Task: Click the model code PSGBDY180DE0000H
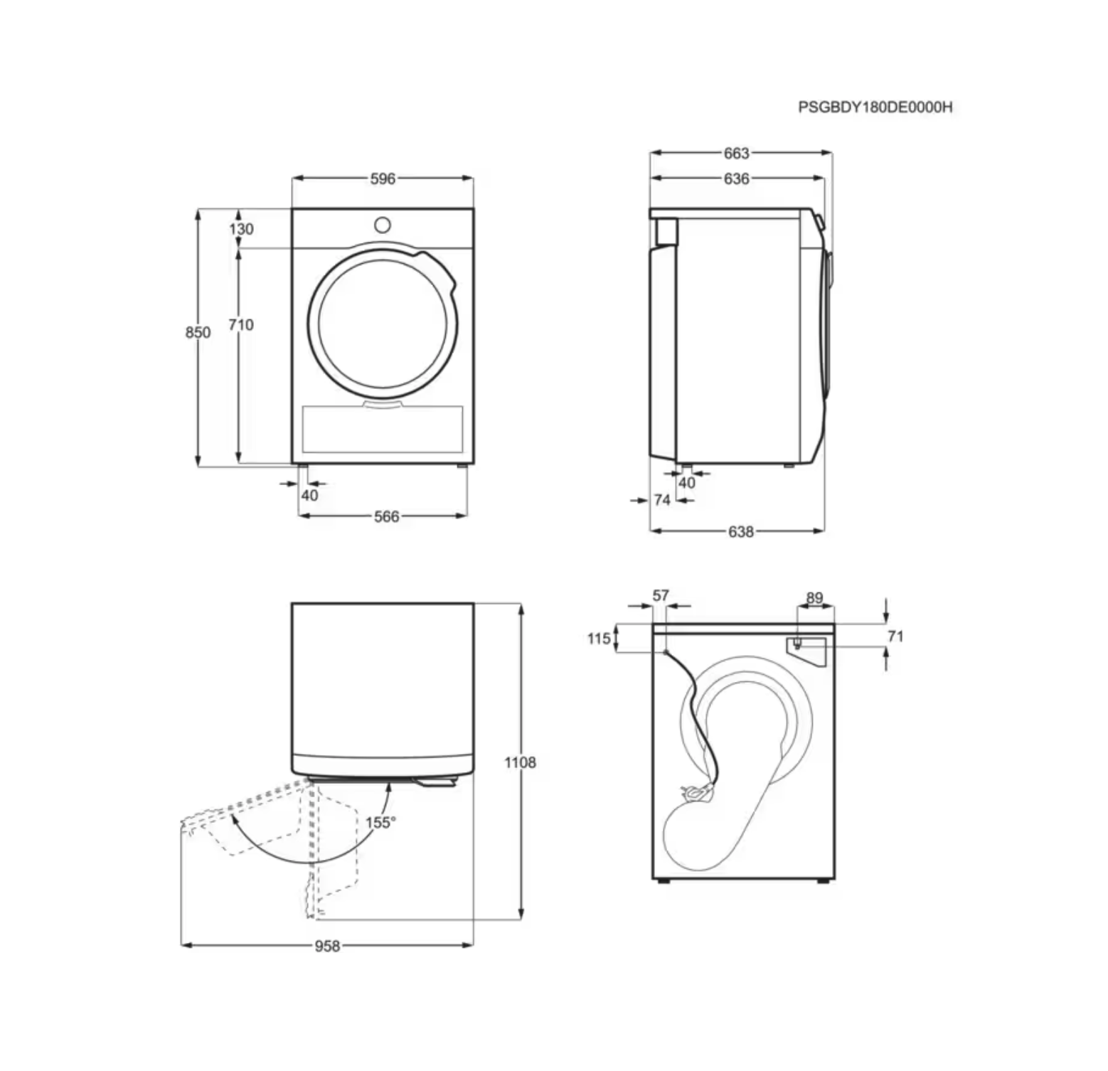[875, 107]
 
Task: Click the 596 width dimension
[383, 178]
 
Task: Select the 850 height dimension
[198, 332]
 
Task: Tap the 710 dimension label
[241, 324]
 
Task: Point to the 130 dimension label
[241, 229]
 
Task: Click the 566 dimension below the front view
[386, 516]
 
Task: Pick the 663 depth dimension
[737, 153]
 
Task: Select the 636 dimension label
[737, 178]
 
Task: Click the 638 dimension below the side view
[740, 531]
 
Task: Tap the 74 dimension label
[662, 500]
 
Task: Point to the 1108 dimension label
[520, 762]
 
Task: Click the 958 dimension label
[327, 946]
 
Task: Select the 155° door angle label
[380, 822]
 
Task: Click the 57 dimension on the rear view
[661, 595]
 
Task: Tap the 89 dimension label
[814, 598]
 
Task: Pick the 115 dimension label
[599, 638]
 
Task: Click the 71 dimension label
[895, 636]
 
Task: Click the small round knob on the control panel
[383, 225]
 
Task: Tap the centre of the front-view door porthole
[383, 324]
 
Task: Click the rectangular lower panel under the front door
[383, 430]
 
